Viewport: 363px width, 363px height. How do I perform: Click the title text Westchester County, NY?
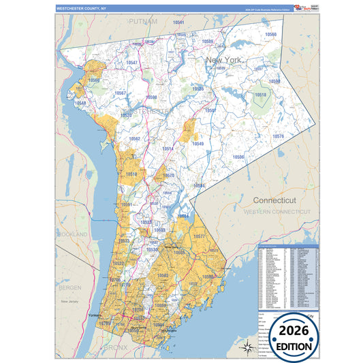(81, 8)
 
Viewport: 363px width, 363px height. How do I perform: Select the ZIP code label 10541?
(178, 22)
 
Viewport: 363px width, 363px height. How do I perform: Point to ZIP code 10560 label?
(271, 34)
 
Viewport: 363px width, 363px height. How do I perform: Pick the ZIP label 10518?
(260, 95)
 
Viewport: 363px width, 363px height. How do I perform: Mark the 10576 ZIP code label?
(278, 136)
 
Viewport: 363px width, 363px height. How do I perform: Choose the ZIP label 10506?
(238, 157)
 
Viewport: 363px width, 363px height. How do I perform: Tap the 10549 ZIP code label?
(198, 144)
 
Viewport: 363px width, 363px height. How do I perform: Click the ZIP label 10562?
(134, 139)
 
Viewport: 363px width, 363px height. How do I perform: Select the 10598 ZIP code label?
(151, 97)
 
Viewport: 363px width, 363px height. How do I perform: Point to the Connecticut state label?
(274, 201)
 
